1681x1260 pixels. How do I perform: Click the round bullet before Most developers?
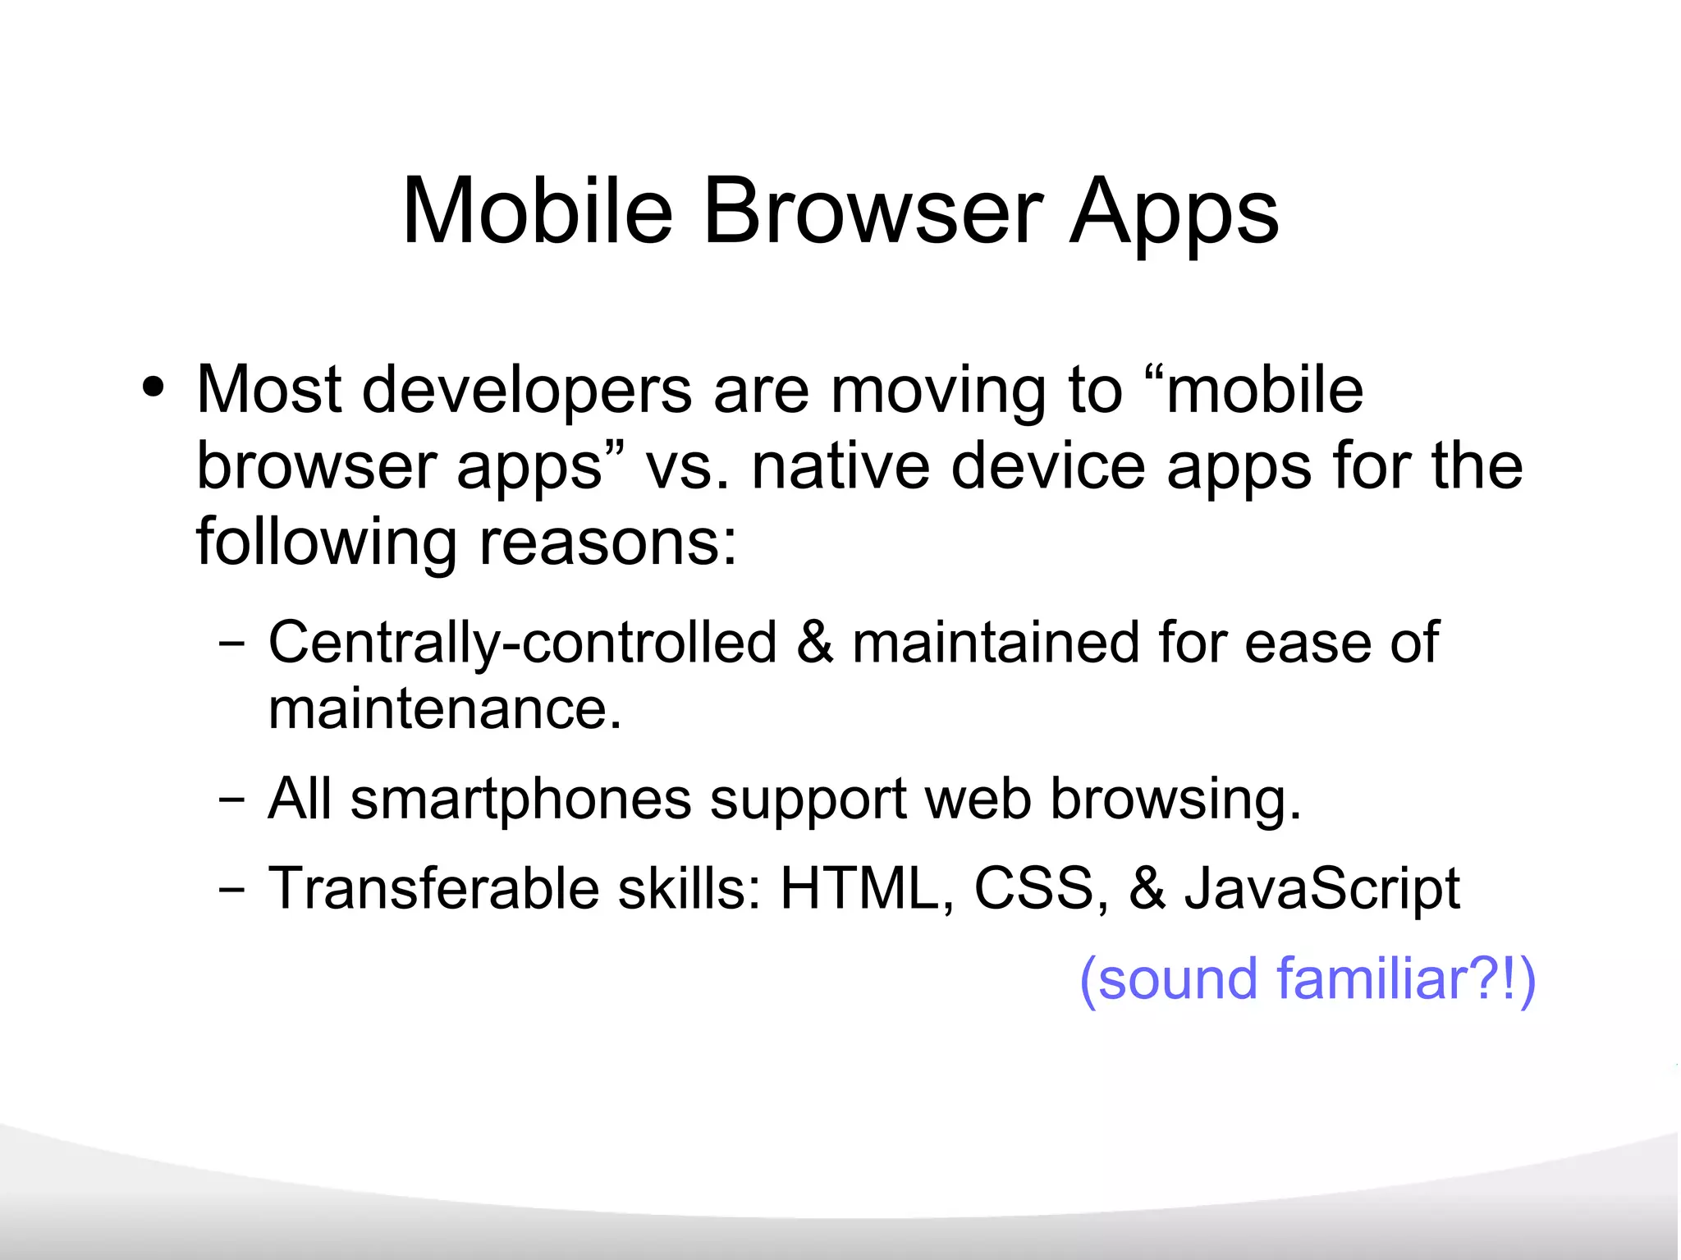coord(153,387)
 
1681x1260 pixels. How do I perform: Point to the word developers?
coord(527,390)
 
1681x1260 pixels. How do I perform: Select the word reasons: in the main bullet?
coord(608,543)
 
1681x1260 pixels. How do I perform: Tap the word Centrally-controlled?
coord(522,643)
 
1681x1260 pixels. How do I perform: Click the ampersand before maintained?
coord(814,643)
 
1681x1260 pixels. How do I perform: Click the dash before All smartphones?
coord(232,799)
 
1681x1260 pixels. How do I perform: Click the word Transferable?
coord(433,889)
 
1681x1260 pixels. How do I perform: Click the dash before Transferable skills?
coord(232,890)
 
